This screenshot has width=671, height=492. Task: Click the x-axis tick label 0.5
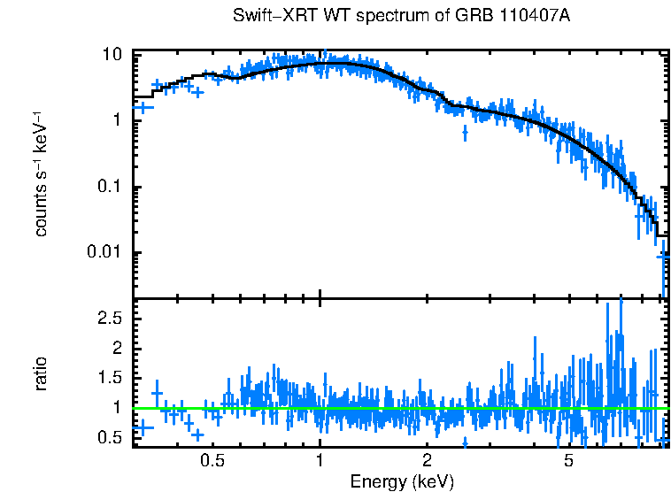pyautogui.click(x=212, y=460)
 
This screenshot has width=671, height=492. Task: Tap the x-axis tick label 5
pyautogui.click(x=567, y=460)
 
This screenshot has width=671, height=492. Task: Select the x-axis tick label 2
pyautogui.click(x=427, y=460)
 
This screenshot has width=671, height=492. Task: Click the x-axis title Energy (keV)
pyautogui.click(x=402, y=481)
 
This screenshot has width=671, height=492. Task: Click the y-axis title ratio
pyautogui.click(x=41, y=373)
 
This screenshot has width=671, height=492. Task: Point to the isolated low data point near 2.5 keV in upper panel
pyautogui.click(x=466, y=133)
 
